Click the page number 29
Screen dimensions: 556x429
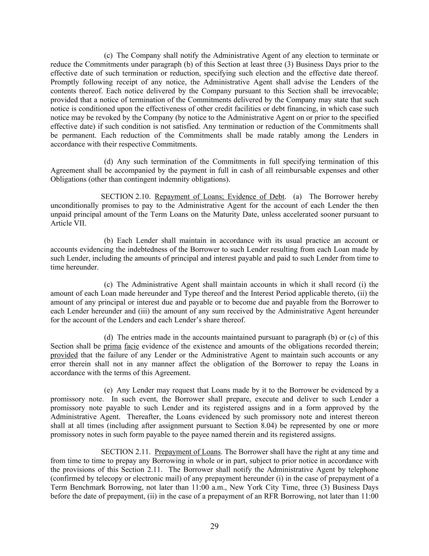(x=214, y=527)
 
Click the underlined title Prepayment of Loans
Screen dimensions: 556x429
(x=188, y=452)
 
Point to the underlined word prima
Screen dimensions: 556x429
(x=112, y=347)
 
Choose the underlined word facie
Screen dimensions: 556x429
(x=131, y=347)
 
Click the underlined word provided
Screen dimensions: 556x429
(x=64, y=355)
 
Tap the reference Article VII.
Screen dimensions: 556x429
(x=68, y=223)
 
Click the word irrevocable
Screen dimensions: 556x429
(x=360, y=91)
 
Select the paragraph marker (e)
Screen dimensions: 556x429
(x=108, y=391)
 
